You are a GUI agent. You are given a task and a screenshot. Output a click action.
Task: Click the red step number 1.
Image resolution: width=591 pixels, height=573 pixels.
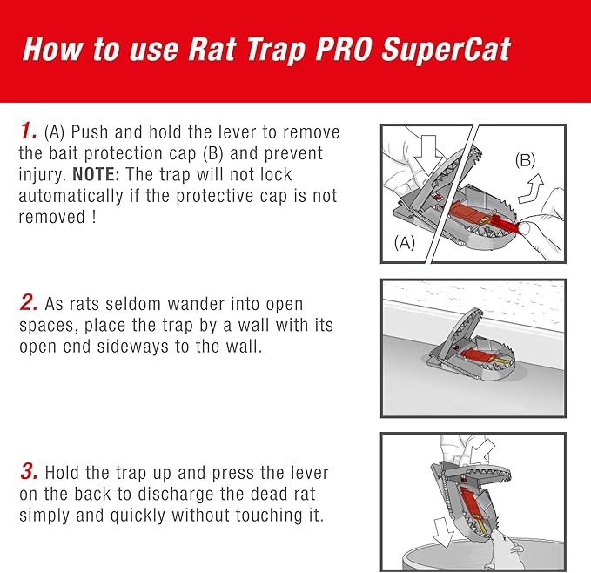[29, 133]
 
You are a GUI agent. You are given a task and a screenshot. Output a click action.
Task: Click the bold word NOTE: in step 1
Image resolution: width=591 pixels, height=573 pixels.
[98, 174]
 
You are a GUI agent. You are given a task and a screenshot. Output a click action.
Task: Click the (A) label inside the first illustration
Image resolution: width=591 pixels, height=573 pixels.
[404, 244]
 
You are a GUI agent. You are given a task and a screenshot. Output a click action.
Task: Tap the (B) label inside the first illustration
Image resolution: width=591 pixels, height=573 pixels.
[525, 160]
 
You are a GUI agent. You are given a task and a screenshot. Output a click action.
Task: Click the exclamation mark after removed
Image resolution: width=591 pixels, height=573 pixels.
[93, 218]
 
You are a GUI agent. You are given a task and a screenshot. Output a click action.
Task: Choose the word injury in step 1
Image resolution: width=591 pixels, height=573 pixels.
[43, 174]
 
